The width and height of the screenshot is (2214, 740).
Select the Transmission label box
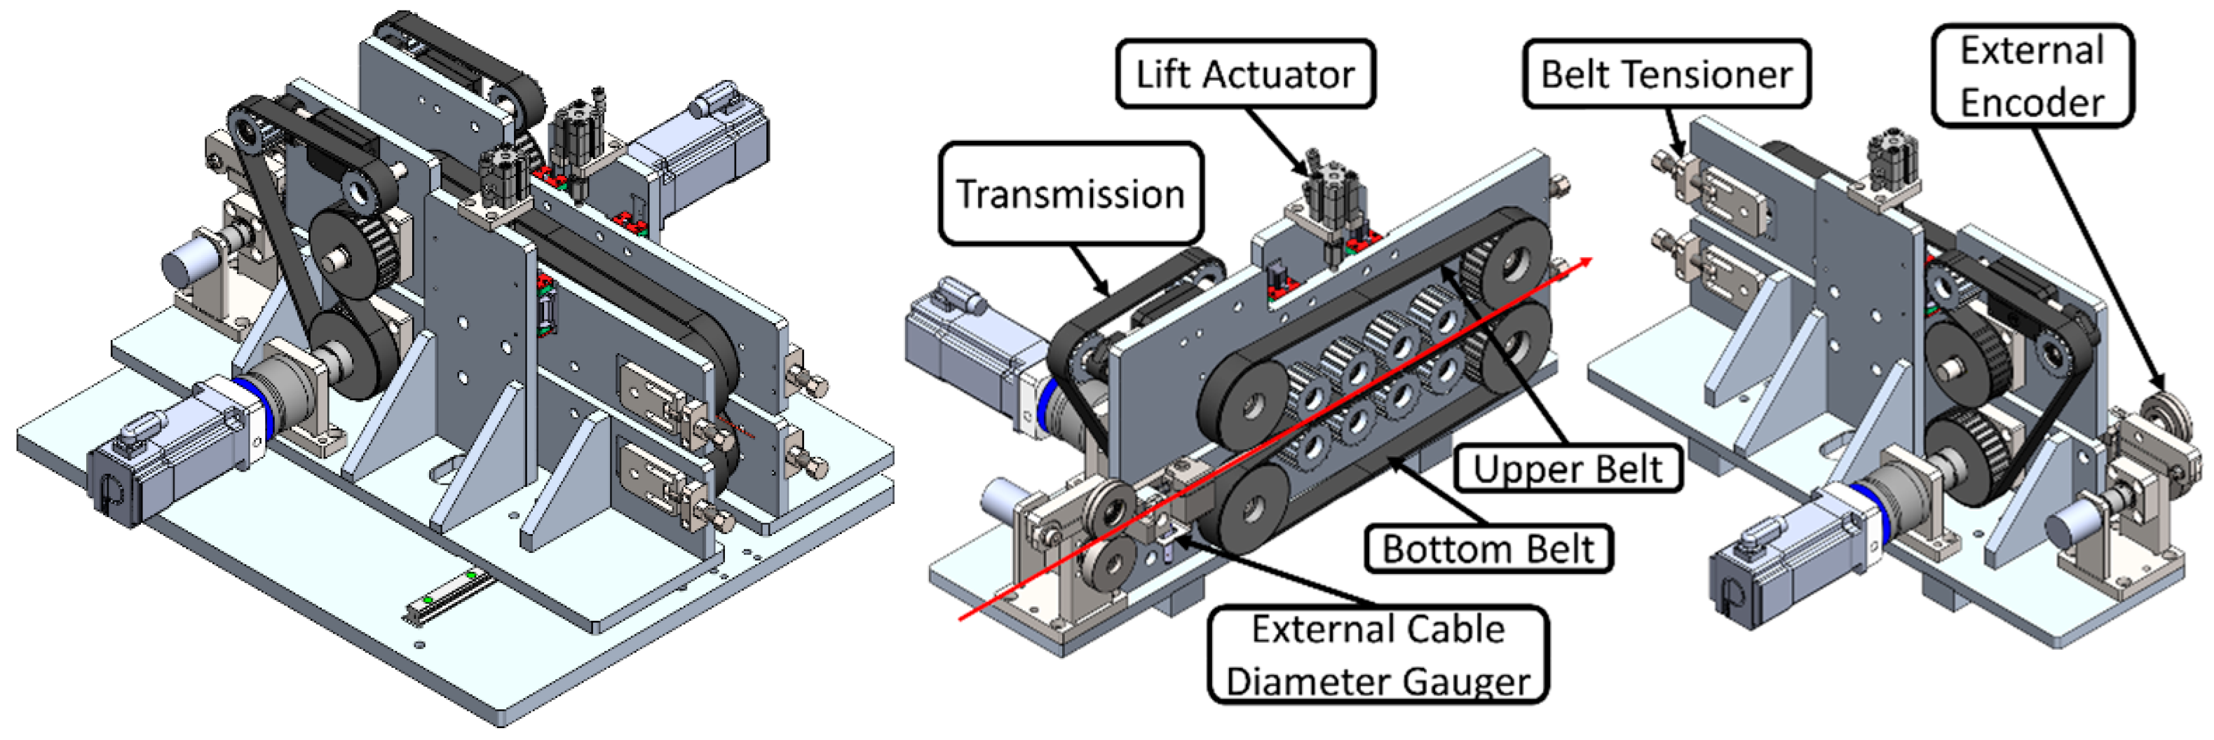(1070, 193)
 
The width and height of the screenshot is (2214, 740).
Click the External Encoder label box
(2032, 76)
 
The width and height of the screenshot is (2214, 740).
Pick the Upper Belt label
(1567, 468)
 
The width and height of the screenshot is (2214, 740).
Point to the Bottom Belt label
(1488, 548)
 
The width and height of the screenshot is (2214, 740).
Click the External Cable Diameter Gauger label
(1378, 655)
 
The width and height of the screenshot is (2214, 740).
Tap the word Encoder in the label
(2032, 102)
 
